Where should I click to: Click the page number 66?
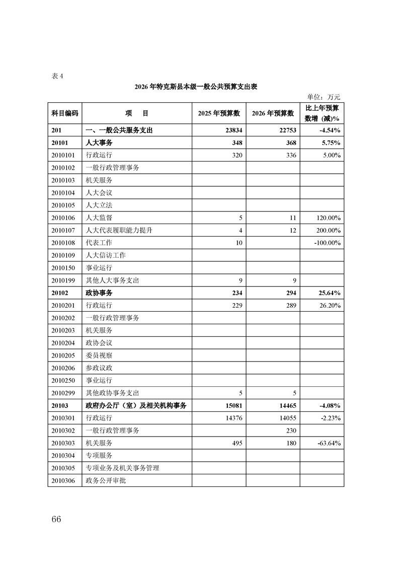pos(56,519)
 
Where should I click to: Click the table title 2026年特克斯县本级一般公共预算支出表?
pos(196,87)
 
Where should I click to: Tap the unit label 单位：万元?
pos(324,97)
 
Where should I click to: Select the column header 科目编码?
pos(65,113)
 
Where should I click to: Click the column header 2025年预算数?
pos(219,113)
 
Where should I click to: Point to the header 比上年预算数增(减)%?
pos(322,113)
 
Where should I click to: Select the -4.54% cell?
pos(330,130)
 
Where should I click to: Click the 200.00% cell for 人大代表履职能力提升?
pos(327,230)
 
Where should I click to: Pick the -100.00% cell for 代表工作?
pos(327,243)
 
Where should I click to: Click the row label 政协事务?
pos(99,293)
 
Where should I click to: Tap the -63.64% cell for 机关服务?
pos(329,443)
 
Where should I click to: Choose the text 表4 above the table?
pos(57,77)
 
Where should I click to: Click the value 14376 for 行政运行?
pos(232,418)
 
